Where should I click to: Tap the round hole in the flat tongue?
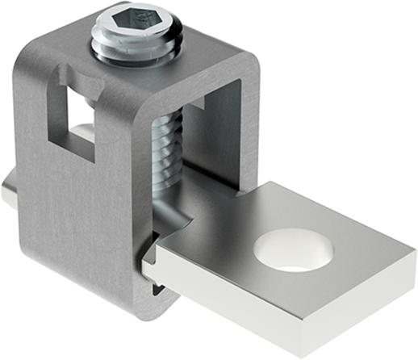click(292, 248)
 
